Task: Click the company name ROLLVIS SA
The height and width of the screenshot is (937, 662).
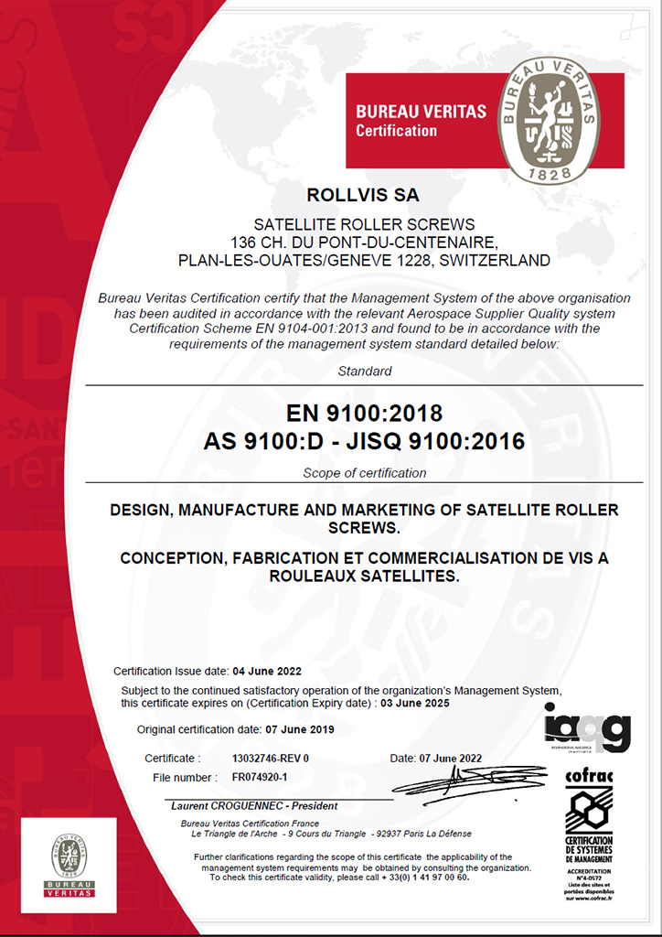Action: tap(364, 194)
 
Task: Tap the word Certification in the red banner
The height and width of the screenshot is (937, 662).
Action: tap(397, 131)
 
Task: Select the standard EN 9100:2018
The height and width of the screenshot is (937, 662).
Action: tap(364, 412)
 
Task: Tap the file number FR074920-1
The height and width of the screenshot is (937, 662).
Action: tap(260, 778)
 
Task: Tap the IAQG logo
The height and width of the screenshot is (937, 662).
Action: tap(587, 728)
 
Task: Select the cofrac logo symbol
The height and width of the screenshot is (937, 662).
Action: tap(588, 810)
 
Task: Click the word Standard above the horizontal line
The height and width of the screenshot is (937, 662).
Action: tap(364, 372)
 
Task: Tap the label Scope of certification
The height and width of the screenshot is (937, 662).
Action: tap(364, 473)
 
